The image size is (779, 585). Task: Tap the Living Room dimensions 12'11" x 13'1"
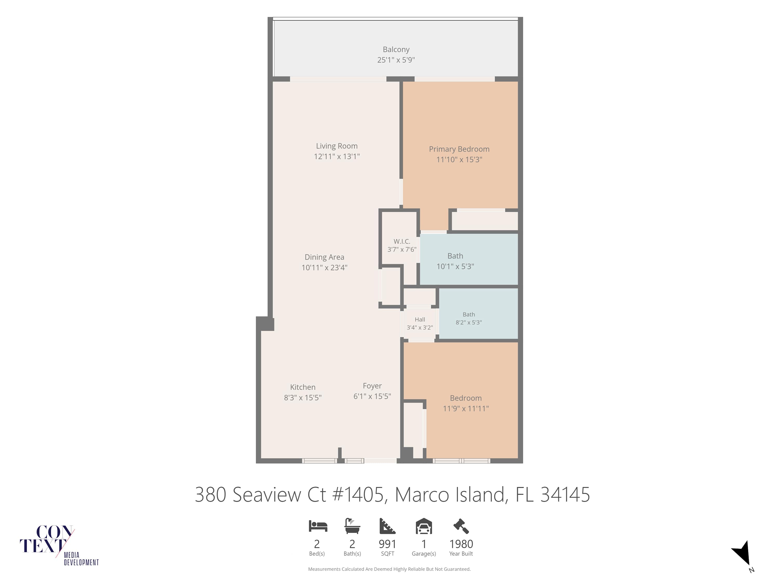click(x=337, y=156)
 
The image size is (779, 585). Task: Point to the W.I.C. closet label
click(x=402, y=242)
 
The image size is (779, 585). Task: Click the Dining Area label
click(x=324, y=257)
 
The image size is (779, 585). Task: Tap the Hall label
click(x=420, y=320)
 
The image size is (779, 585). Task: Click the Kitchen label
click(x=303, y=387)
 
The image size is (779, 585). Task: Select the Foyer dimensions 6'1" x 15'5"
click(x=372, y=396)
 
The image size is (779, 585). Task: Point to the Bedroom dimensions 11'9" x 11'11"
click(x=466, y=409)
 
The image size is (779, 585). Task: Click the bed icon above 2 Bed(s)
click(x=318, y=526)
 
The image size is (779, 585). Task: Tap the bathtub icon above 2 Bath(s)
click(x=352, y=526)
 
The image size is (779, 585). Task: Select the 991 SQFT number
click(x=387, y=544)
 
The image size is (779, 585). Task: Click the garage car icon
click(x=424, y=526)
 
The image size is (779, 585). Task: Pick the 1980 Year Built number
click(x=461, y=544)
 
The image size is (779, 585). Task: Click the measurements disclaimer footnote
click(x=389, y=569)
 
